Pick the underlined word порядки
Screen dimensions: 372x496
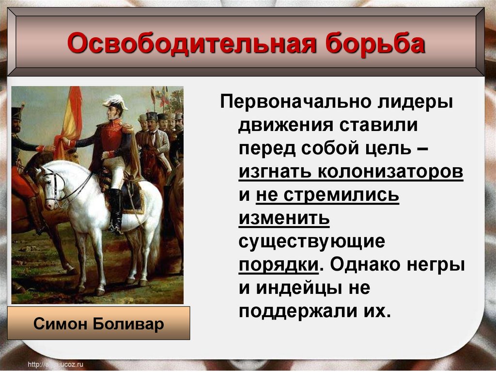pyautogui.click(x=279, y=265)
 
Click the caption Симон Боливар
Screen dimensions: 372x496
pyautogui.click(x=99, y=323)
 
